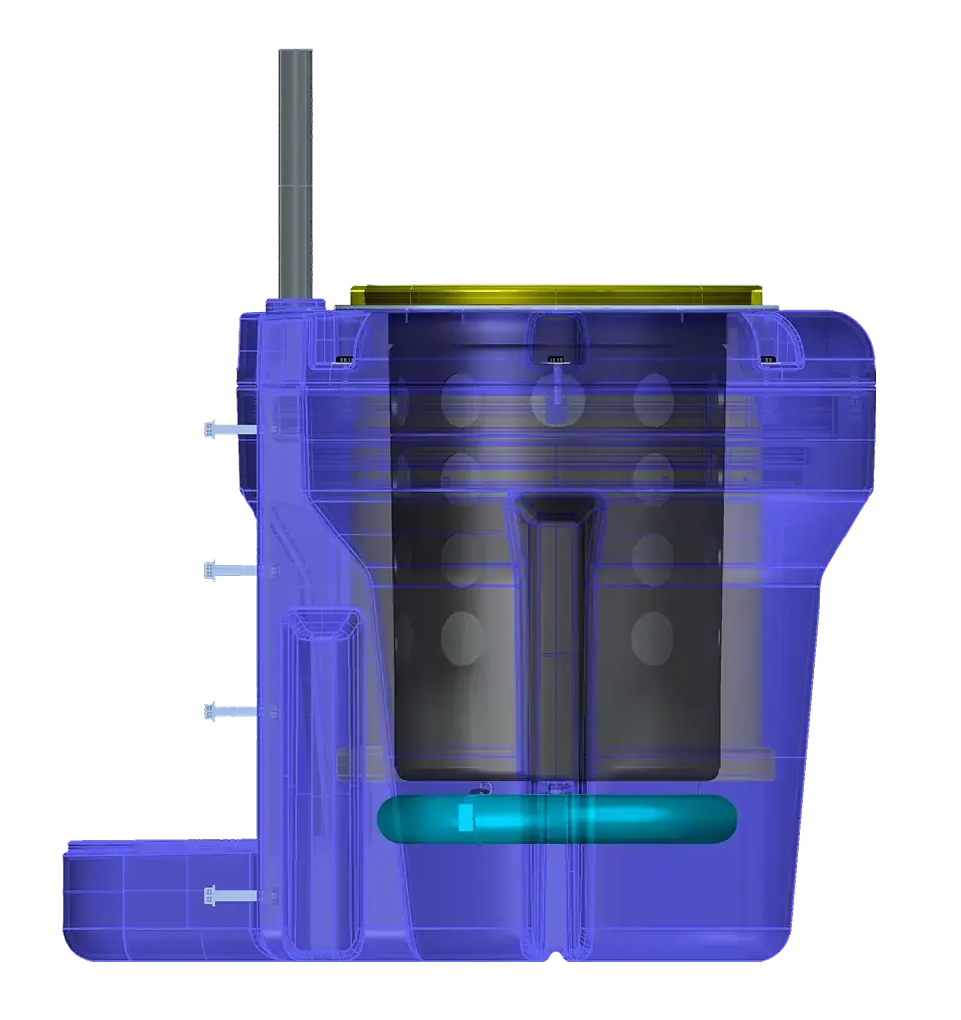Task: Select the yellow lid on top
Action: [555, 294]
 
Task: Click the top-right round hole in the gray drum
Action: [652, 397]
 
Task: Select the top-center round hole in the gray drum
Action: [552, 399]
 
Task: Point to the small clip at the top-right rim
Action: [767, 359]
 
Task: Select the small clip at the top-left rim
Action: [344, 359]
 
